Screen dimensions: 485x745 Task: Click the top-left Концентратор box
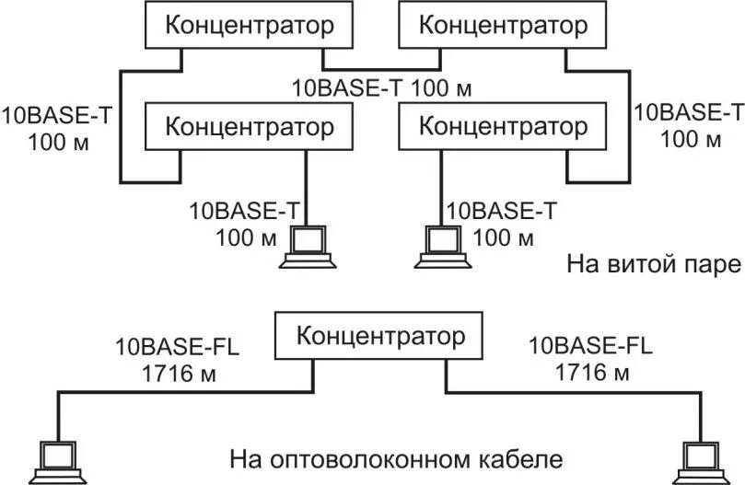250,25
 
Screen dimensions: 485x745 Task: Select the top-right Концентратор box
503,25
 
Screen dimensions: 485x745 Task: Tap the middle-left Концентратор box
250,125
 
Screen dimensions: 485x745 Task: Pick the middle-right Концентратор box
503,125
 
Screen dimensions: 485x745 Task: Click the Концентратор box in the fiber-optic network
380,336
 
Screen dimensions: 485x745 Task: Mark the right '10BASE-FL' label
590,347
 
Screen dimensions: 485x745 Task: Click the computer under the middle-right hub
443,247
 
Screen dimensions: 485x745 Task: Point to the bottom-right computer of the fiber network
698,463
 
